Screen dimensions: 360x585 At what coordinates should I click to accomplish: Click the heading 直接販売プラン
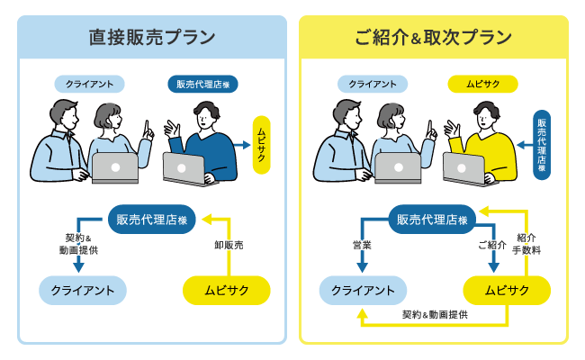pos(152,38)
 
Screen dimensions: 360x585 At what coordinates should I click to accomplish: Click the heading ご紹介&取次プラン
pos(433,38)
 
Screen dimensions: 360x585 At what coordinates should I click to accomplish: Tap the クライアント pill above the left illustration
pos(89,85)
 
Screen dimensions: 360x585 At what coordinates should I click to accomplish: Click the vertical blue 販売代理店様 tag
pos(542,144)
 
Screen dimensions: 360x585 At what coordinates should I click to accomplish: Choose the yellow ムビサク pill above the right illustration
pos(482,85)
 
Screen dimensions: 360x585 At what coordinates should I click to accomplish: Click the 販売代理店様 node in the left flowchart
pos(153,220)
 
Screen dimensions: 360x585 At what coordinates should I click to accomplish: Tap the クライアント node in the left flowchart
pos(83,290)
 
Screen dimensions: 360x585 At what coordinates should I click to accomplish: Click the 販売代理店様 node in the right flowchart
pos(433,220)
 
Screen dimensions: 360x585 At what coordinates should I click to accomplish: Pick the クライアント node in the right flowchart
pos(364,290)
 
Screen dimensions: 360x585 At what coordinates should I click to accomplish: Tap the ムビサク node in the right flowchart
pos(507,290)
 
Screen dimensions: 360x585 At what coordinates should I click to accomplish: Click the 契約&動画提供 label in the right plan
pos(435,315)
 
